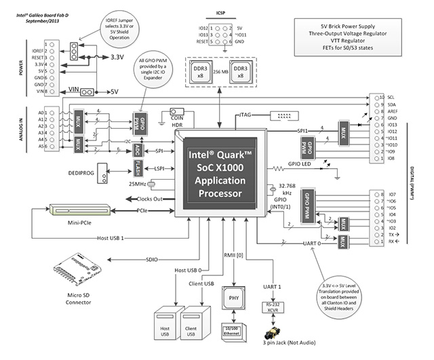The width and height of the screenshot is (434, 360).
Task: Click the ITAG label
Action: click(x=246, y=116)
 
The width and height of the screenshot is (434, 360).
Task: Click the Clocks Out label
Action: click(x=153, y=199)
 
